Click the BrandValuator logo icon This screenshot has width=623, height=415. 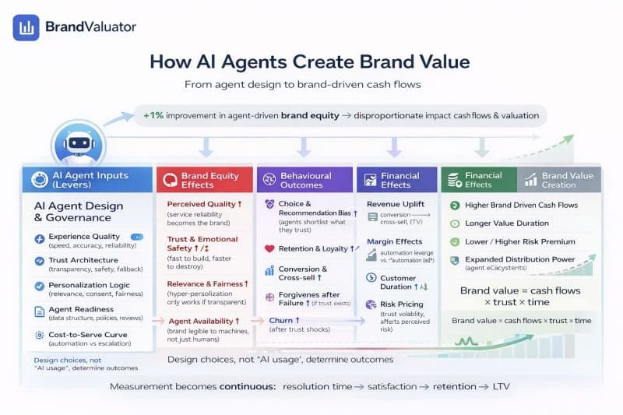tap(26, 27)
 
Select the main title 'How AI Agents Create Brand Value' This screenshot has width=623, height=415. tap(309, 62)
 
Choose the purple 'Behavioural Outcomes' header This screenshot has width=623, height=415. tap(305, 180)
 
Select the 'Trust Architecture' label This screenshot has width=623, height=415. tap(83, 260)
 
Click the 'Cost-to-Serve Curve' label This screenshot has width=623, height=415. tap(87, 335)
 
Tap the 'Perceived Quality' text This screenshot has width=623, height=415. tap(200, 204)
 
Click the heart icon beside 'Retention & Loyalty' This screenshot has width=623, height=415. tap(269, 249)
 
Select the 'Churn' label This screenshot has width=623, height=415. tap(281, 320)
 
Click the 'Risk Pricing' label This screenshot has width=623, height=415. tap(402, 304)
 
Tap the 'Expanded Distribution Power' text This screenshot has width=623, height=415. tap(520, 259)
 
